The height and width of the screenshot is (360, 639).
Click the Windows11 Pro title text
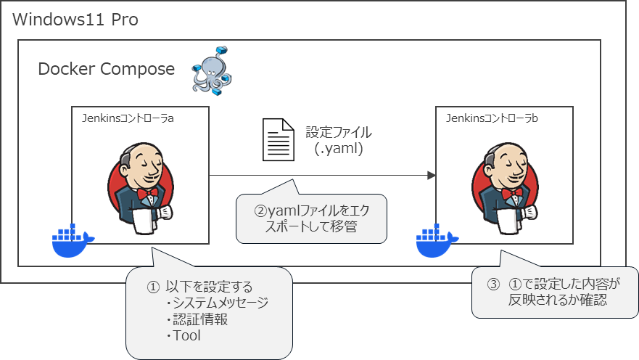point(75,19)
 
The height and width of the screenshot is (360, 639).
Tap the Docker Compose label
point(107,70)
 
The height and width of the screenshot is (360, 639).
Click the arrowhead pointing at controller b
point(431,176)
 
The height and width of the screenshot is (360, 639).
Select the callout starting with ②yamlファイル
point(312,219)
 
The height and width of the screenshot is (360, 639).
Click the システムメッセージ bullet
point(217,303)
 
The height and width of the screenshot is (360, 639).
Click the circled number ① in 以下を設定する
point(153,287)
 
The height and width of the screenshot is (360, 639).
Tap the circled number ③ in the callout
point(492,285)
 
